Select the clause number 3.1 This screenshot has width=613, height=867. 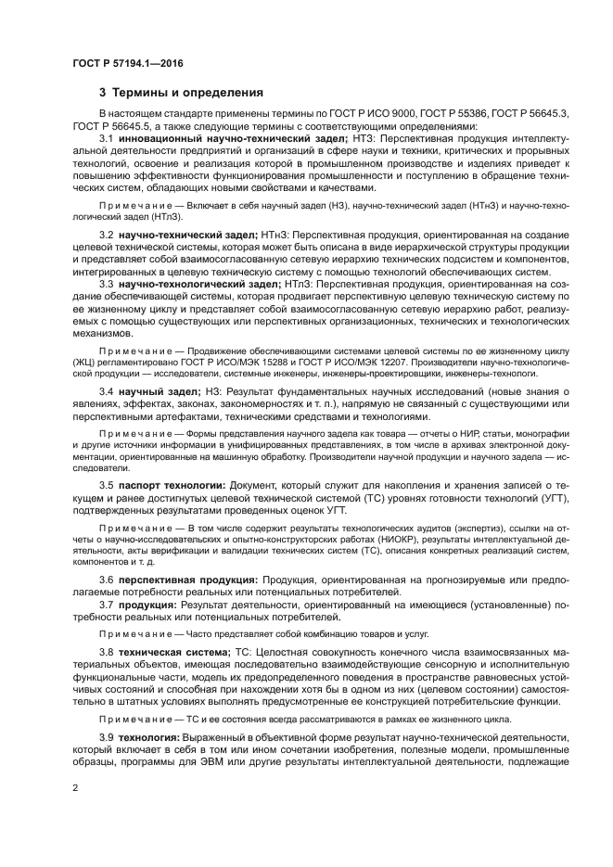click(x=107, y=138)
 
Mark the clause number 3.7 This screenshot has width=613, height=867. click(x=107, y=605)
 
